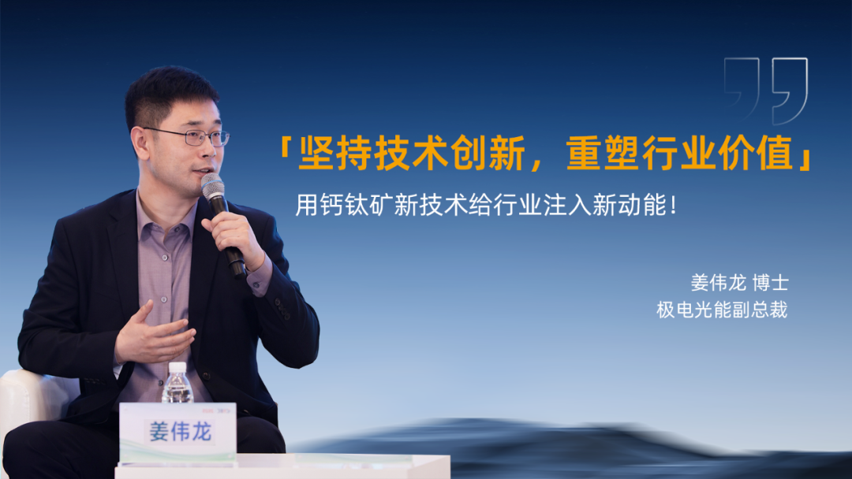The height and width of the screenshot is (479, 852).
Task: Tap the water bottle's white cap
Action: tap(177, 367)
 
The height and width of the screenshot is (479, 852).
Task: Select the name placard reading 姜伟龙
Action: tap(178, 431)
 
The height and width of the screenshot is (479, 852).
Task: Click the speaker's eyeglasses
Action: tap(190, 136)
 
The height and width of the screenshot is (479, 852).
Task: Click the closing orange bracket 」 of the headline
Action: tap(804, 156)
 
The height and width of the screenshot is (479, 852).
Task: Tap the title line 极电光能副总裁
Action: tap(722, 310)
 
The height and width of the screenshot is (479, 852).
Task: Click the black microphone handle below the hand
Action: tap(236, 263)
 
